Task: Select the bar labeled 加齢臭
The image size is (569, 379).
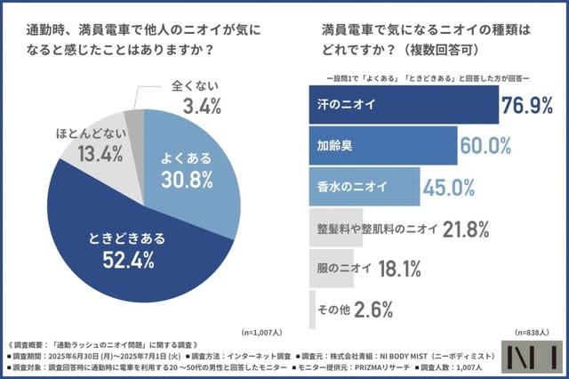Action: coord(381,145)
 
